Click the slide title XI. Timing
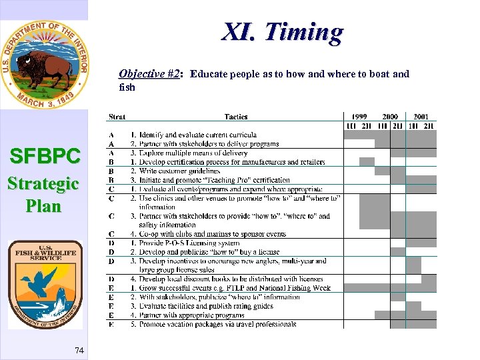click(282, 31)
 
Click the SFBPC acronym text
click(44, 156)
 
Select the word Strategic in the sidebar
click(43, 183)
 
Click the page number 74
click(79, 351)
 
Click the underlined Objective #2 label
click(149, 74)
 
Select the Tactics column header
click(236, 117)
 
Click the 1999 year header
click(359, 117)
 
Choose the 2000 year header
click(390, 117)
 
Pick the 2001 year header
click(421, 117)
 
